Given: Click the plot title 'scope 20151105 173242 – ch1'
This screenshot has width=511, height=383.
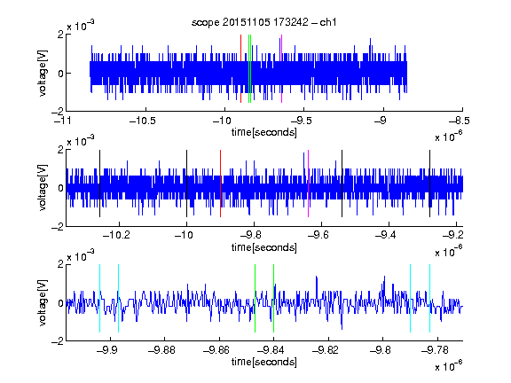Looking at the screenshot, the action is pyautogui.click(x=263, y=22).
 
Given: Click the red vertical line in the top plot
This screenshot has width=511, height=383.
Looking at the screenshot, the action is pyautogui.click(x=240, y=69).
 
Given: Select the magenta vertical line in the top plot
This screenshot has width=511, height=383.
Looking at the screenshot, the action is pyautogui.click(x=281, y=69).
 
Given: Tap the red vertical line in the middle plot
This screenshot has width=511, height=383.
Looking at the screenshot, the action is pyautogui.click(x=220, y=184).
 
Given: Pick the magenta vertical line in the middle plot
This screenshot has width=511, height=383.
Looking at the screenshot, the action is pyautogui.click(x=308, y=184).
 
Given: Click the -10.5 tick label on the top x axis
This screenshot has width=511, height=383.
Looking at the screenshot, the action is pyautogui.click(x=143, y=121).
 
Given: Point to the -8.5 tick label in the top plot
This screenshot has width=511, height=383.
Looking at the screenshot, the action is pyautogui.click(x=460, y=121).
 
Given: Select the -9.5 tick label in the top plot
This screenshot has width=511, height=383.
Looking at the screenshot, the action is pyautogui.click(x=301, y=121).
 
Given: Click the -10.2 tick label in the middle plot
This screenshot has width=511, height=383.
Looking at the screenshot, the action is pyautogui.click(x=116, y=235).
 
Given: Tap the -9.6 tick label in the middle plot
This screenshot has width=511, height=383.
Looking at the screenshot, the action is pyautogui.click(x=318, y=235).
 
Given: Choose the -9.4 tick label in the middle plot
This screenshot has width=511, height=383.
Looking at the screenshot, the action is pyautogui.click(x=385, y=235).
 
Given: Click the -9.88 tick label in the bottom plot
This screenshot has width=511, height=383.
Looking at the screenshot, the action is pyautogui.click(x=162, y=350).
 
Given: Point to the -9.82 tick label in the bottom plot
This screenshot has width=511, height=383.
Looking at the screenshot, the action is pyautogui.click(x=326, y=350).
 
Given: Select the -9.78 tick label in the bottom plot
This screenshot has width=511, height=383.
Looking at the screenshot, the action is pyautogui.click(x=435, y=350).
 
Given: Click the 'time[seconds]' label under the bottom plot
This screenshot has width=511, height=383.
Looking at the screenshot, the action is pyautogui.click(x=264, y=362).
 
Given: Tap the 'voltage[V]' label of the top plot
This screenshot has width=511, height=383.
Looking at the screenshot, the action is pyautogui.click(x=43, y=73).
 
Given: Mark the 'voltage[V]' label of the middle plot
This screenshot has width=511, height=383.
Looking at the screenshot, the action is pyautogui.click(x=43, y=188).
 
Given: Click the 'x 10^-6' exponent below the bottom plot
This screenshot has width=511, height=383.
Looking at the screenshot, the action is pyautogui.click(x=449, y=366).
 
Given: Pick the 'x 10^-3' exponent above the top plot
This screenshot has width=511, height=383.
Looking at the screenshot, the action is pyautogui.click(x=81, y=26).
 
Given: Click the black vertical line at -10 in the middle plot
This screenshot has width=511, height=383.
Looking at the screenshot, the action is pyautogui.click(x=186, y=184).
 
